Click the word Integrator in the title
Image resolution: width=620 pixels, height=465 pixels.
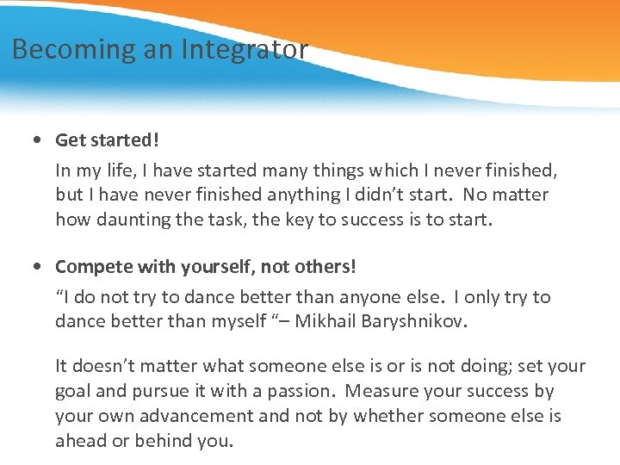click(244, 50)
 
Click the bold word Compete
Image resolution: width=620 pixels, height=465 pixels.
click(91, 266)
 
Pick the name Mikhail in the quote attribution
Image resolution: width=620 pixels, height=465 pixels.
click(323, 322)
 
